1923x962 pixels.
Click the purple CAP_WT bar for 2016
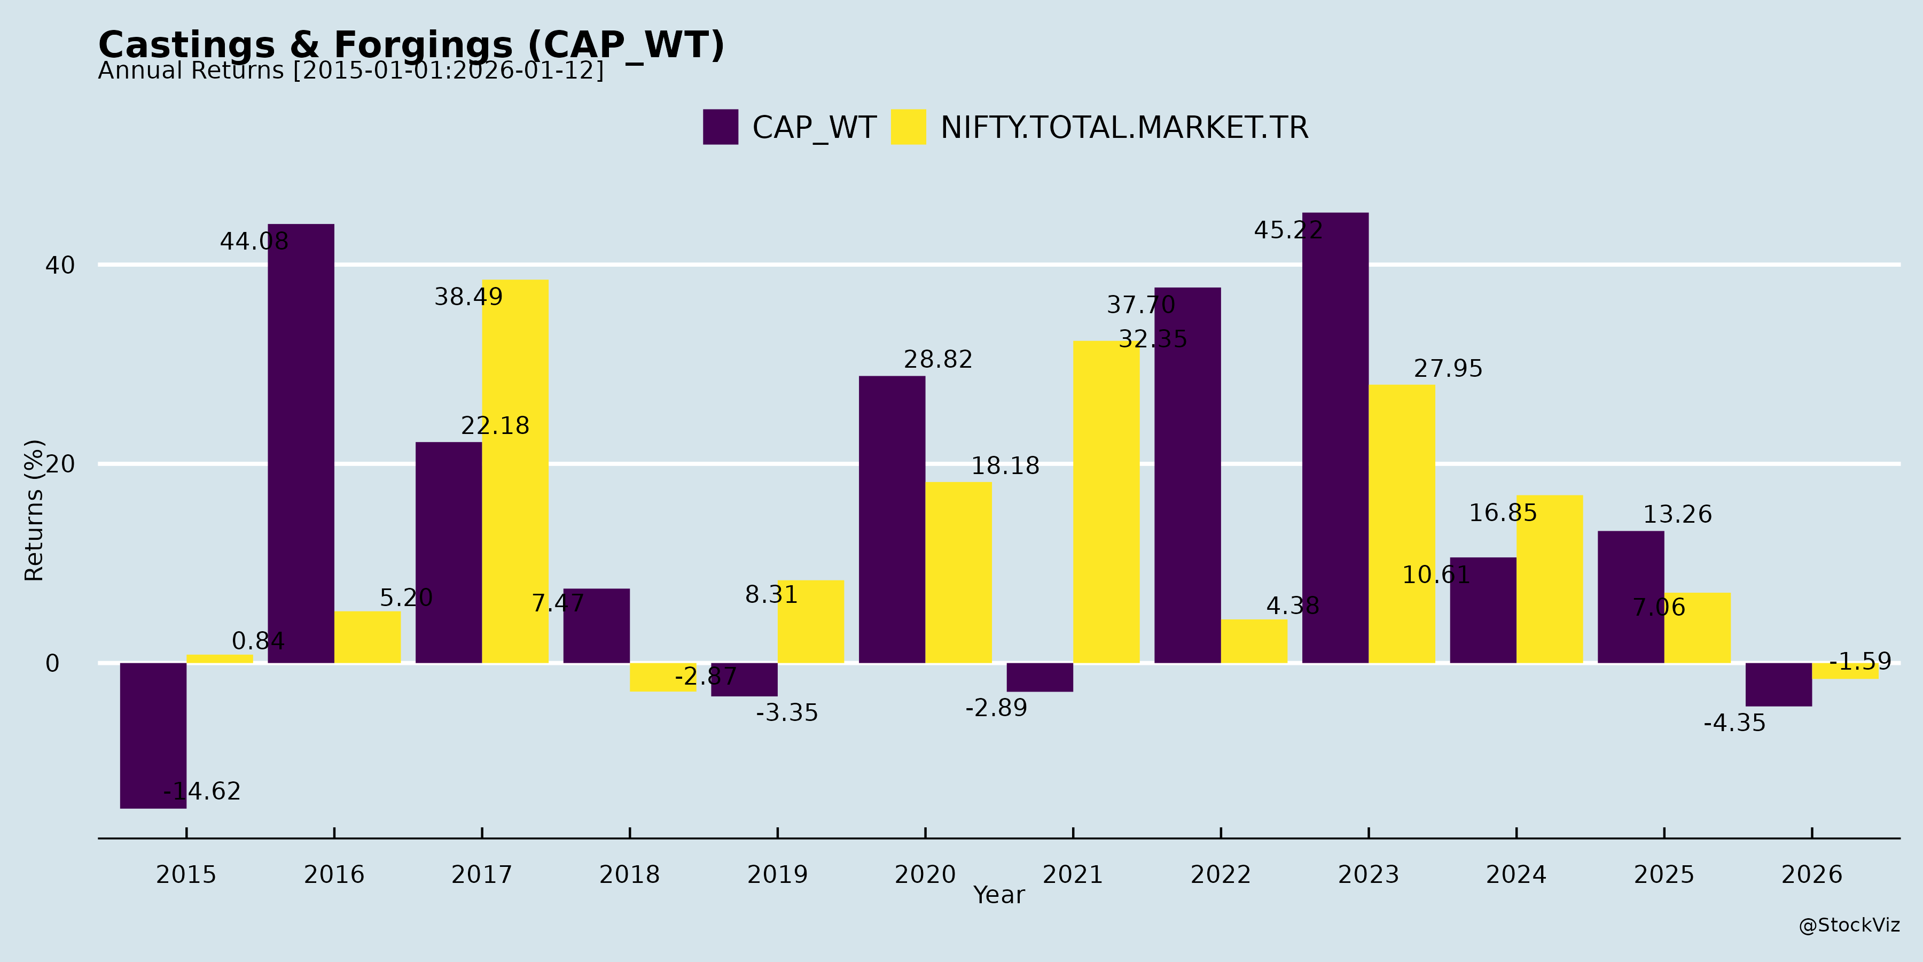301,443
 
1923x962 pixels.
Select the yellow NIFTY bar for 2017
515,471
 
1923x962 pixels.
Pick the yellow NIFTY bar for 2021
1106,502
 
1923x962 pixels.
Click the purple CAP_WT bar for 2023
1335,438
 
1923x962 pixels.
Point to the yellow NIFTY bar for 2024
1549,579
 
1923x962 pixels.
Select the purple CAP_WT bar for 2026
1778,684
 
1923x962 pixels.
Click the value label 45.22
1288,230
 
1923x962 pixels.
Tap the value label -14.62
201,791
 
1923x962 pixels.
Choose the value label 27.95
1448,368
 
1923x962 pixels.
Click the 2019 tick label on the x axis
777,874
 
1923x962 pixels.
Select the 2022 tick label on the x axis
1220,874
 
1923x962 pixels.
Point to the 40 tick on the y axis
60,265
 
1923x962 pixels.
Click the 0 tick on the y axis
52,663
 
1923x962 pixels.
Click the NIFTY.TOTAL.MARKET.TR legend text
1123,128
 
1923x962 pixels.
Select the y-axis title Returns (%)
34,510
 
